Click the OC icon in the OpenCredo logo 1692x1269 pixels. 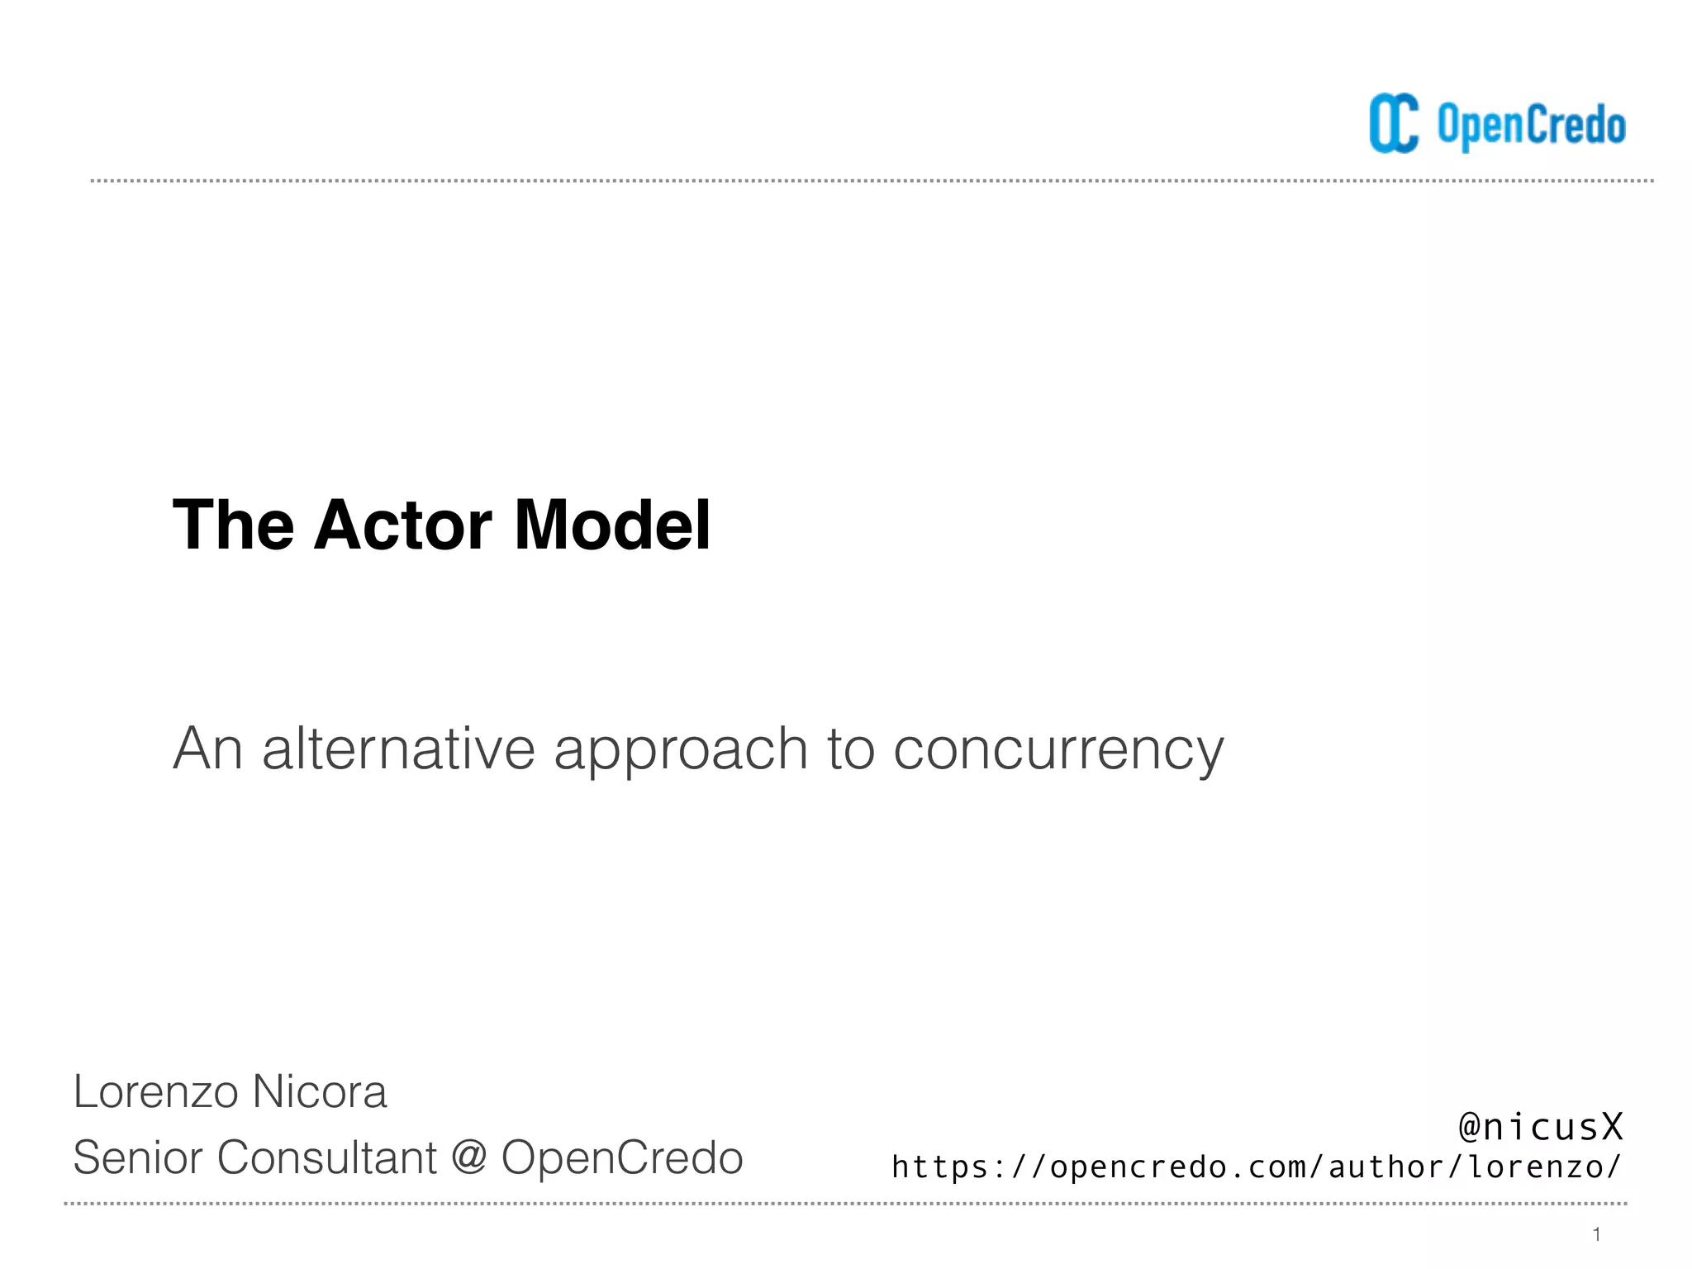1394,124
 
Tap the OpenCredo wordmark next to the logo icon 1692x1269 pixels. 1531,126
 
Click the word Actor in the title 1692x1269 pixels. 402,525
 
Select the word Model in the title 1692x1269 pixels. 612,525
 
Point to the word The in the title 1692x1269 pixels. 233,525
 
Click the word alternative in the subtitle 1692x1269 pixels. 399,749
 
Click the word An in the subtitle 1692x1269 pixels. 207,749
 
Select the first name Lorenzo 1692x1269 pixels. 155,1091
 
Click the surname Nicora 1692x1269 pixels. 320,1091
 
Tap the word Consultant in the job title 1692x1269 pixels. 326,1157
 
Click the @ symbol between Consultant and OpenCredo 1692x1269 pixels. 468,1158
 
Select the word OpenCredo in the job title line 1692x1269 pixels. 622,1157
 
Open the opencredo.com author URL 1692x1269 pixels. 1257,1167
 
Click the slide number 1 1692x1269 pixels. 1597,1234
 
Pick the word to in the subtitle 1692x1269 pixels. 850,749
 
